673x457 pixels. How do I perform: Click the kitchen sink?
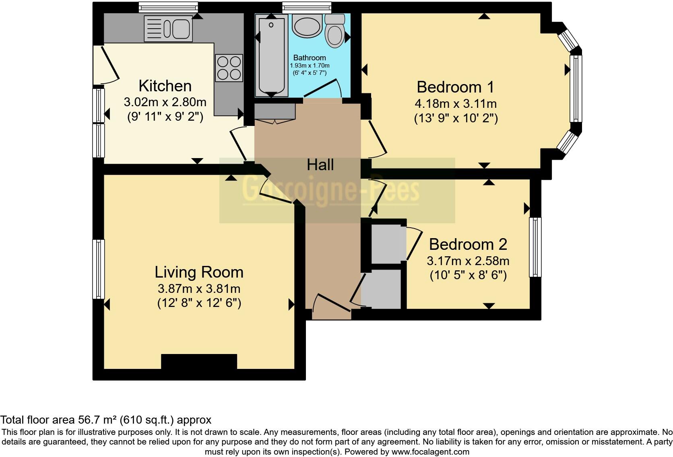click(x=168, y=29)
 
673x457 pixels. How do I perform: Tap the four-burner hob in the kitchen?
click(x=229, y=68)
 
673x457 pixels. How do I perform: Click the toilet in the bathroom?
click(x=335, y=31)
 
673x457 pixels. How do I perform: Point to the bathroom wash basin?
click(x=307, y=26)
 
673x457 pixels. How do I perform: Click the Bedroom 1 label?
click(x=455, y=87)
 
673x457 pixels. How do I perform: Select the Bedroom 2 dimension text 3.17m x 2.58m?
click(x=468, y=261)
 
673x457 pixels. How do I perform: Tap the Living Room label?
click(x=199, y=272)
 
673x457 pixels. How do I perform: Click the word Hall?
click(x=320, y=165)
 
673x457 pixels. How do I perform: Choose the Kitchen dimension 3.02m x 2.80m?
click(x=165, y=102)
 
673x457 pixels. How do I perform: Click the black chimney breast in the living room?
click(x=199, y=361)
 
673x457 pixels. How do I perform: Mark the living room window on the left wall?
click(x=99, y=269)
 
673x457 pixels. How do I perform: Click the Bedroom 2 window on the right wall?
click(x=535, y=247)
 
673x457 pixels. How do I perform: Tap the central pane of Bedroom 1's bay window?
click(x=576, y=89)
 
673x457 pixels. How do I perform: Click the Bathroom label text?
click(x=309, y=58)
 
